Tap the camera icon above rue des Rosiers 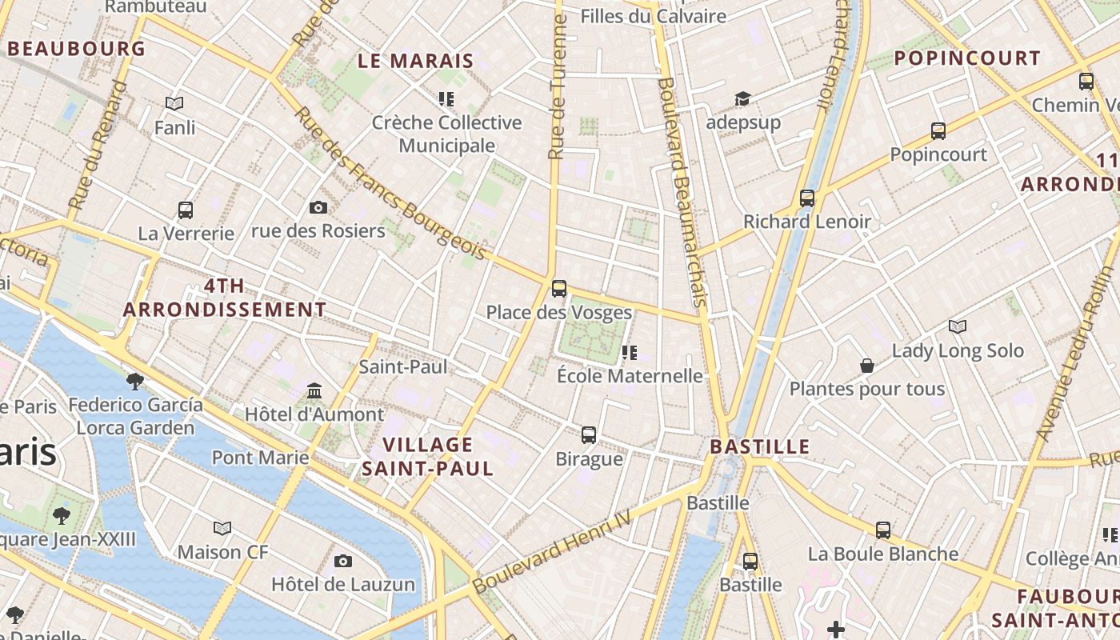coord(318,208)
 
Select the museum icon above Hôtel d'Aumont coord(314,392)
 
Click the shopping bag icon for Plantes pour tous coord(867,366)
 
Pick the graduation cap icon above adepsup coord(743,99)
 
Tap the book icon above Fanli coord(174,103)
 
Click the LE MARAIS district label coord(415,61)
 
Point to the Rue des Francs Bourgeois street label coord(390,184)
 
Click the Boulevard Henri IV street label coord(552,553)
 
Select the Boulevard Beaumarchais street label coord(682,192)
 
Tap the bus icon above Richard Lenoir coord(807,198)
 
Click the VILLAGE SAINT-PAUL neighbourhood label coord(427,457)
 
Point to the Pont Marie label coord(260,458)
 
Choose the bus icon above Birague coord(589,435)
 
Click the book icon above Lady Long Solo coord(958,326)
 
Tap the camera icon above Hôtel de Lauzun coord(343,561)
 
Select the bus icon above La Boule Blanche coord(883,530)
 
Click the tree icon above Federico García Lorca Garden coord(135,381)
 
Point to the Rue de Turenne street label coord(558,88)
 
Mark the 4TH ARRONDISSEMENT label coord(225,298)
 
